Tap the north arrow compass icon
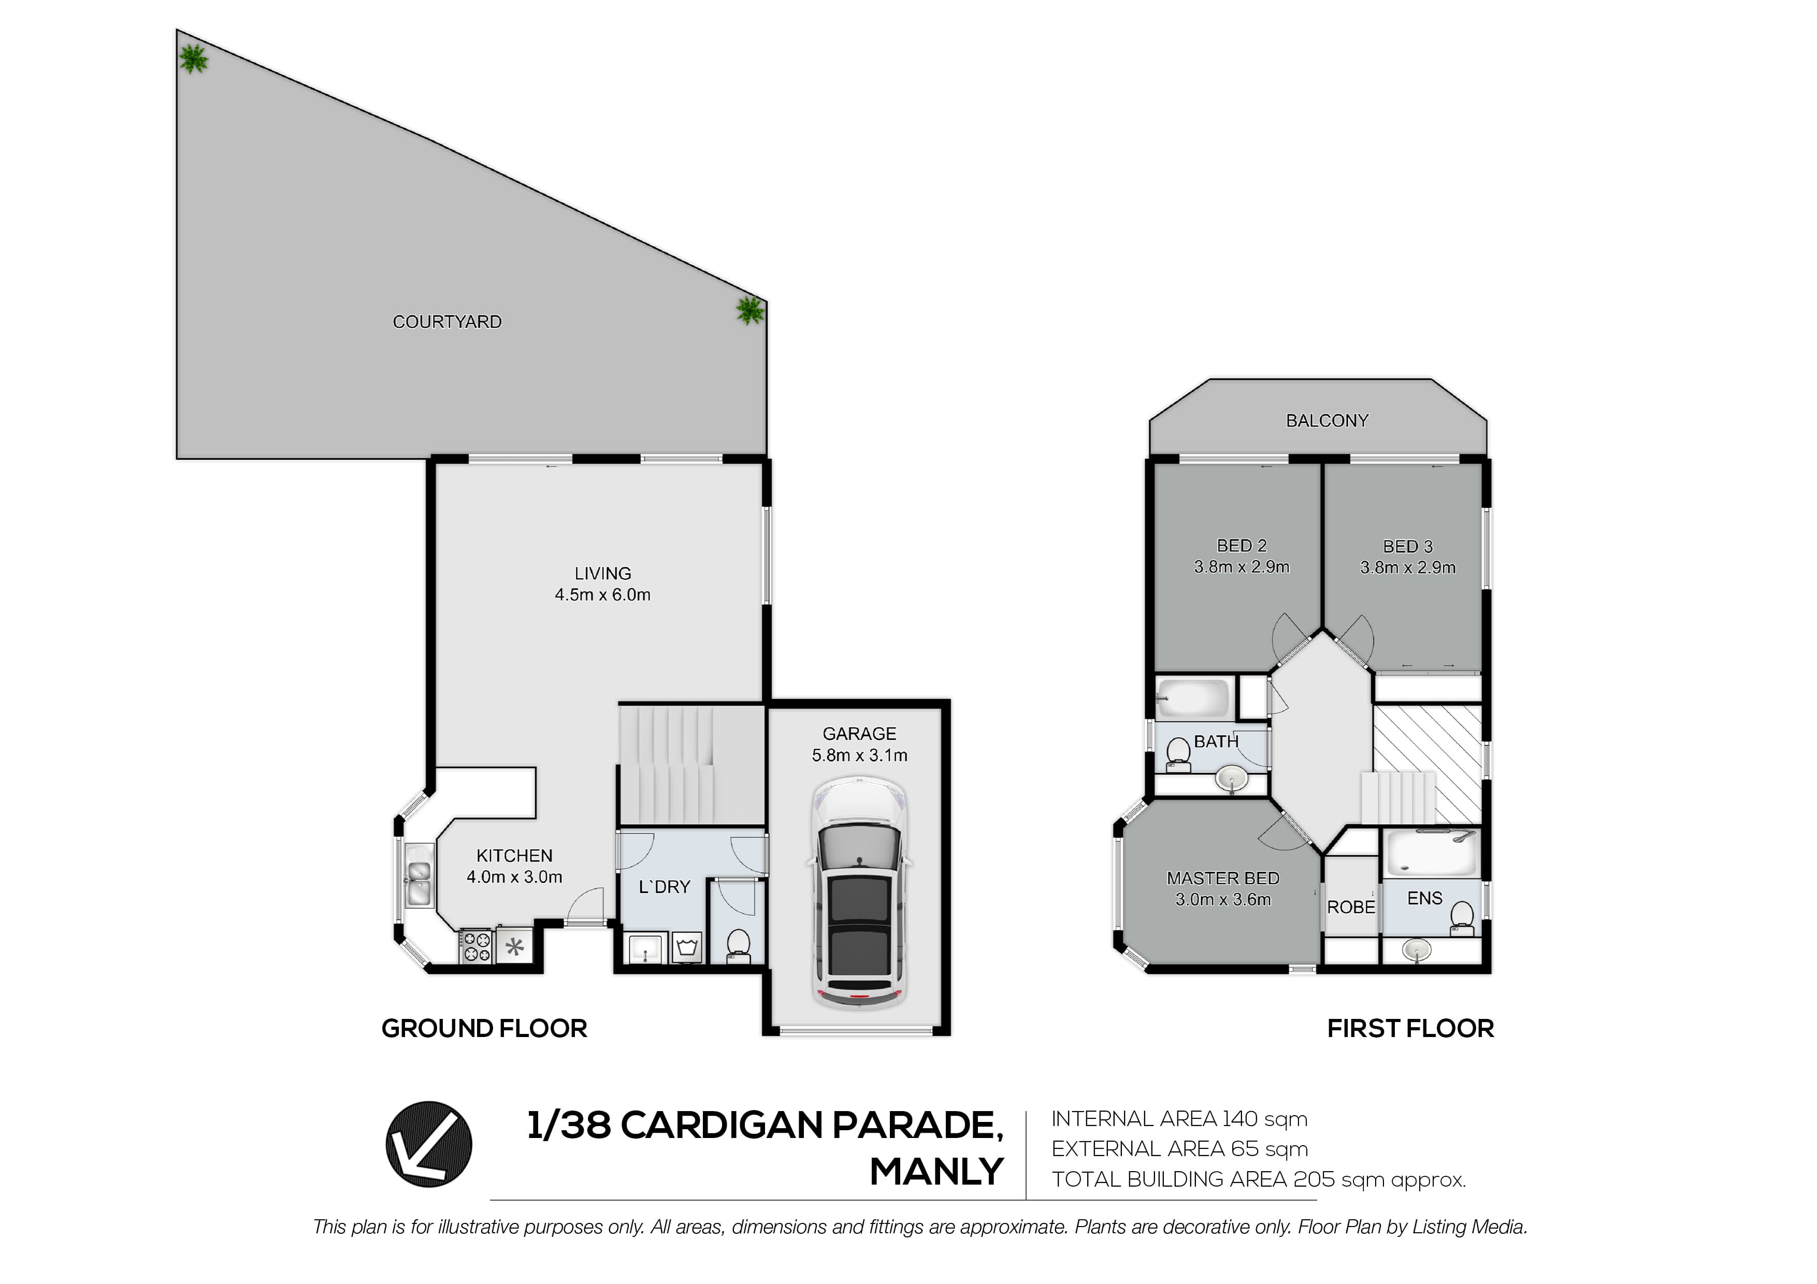tap(429, 1144)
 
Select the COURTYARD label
tap(447, 322)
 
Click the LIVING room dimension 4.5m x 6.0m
tap(602, 595)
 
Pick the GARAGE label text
tap(859, 734)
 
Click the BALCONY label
tap(1327, 421)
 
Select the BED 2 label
tap(1242, 546)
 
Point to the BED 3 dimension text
tap(1408, 567)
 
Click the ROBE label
tap(1351, 908)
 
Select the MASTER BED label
tap(1223, 878)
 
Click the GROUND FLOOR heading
tap(484, 1028)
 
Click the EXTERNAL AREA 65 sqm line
tap(1179, 1149)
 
